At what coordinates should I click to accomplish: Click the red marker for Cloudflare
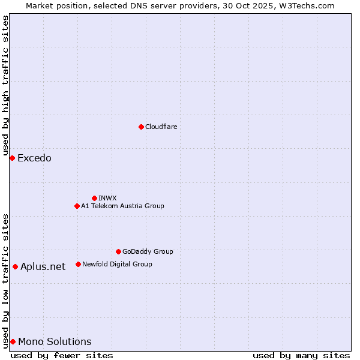pyautogui.click(x=141, y=127)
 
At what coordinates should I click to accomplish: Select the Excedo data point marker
pyautogui.click(x=12, y=158)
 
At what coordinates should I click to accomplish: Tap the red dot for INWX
pyautogui.click(x=94, y=198)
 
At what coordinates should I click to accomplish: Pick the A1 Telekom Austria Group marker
pyautogui.click(x=77, y=206)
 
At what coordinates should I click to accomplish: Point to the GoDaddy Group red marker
pyautogui.click(x=118, y=251)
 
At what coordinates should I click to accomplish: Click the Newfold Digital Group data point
pyautogui.click(x=78, y=264)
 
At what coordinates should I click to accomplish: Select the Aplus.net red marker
pyautogui.click(x=15, y=266)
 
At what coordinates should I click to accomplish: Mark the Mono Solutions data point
pyautogui.click(x=13, y=341)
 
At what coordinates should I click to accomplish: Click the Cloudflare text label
pyautogui.click(x=161, y=127)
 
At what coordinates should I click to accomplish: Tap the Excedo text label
pyautogui.click(x=34, y=158)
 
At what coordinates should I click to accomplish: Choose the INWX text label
pyautogui.click(x=107, y=198)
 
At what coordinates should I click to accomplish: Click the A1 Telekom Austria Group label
pyautogui.click(x=122, y=206)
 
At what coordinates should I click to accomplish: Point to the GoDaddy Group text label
pyautogui.click(x=148, y=251)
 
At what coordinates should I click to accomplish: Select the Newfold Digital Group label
pyautogui.click(x=117, y=264)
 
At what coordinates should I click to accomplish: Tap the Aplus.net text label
pyautogui.click(x=43, y=267)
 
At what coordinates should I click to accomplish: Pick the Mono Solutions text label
pyautogui.click(x=55, y=342)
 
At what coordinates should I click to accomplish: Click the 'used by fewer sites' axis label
pyautogui.click(x=62, y=355)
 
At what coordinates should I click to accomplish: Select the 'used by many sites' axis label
pyautogui.click(x=301, y=355)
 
